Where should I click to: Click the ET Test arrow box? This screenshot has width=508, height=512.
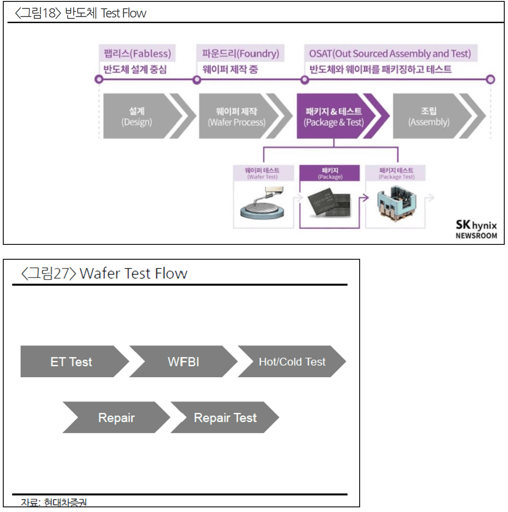tap(71, 362)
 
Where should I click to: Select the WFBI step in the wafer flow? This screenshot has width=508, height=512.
tap(183, 362)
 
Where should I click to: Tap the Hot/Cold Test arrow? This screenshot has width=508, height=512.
tap(292, 362)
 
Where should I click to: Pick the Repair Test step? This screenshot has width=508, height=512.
tap(225, 418)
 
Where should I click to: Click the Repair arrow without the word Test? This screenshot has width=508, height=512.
tap(116, 418)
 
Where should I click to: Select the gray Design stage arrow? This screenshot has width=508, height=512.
tap(137, 117)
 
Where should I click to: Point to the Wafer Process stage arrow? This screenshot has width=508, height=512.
tap(237, 117)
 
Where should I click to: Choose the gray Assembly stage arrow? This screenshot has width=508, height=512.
tap(429, 117)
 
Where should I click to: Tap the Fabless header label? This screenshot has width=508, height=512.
tap(137, 53)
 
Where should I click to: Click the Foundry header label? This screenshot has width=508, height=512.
tap(241, 53)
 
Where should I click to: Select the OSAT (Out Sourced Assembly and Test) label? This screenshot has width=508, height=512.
tap(390, 53)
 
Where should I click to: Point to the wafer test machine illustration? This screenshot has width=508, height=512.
tap(262, 204)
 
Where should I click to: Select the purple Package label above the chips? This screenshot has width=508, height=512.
tap(330, 173)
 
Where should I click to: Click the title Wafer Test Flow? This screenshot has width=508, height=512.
tap(133, 274)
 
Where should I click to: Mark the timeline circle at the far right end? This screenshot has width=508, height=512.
tap(490, 79)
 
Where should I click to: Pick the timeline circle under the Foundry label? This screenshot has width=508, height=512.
tap(197, 80)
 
